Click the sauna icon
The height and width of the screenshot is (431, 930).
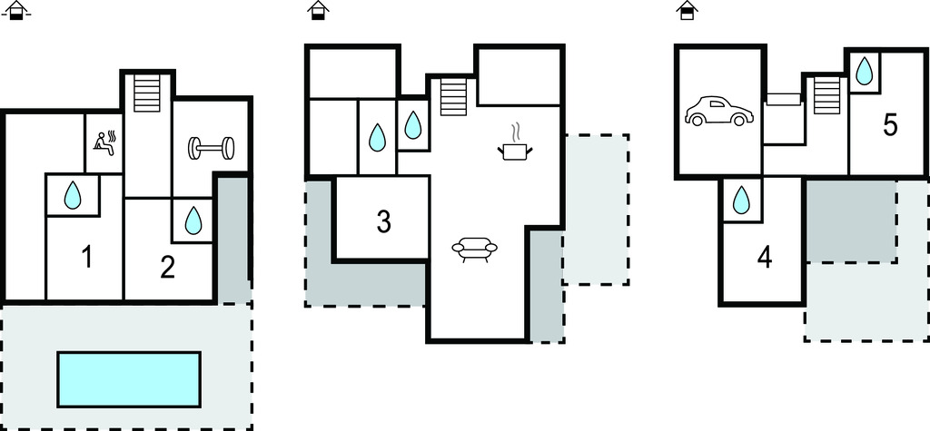pyautogui.click(x=104, y=143)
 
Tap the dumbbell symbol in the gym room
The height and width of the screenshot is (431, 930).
pyautogui.click(x=211, y=148)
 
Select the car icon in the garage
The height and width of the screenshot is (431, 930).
pyautogui.click(x=719, y=111)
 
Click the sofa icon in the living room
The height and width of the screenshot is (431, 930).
pyautogui.click(x=474, y=249)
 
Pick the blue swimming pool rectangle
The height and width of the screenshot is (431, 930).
pyautogui.click(x=129, y=379)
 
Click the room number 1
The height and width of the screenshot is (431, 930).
pyautogui.click(x=86, y=258)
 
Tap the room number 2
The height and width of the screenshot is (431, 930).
pyautogui.click(x=168, y=268)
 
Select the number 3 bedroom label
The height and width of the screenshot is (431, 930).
pyautogui.click(x=384, y=221)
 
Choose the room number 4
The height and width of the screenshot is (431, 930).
pyautogui.click(x=765, y=258)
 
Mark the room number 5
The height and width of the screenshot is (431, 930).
pyautogui.click(x=890, y=125)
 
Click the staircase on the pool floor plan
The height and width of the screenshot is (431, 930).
pyautogui.click(x=147, y=93)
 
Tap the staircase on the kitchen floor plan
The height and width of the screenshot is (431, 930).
pyautogui.click(x=453, y=97)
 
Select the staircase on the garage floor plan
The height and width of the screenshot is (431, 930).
pyautogui.click(x=826, y=95)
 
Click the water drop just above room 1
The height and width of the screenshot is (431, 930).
pyautogui.click(x=73, y=195)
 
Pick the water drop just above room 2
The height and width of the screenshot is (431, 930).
pyautogui.click(x=193, y=220)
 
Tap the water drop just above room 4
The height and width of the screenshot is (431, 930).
pyautogui.click(x=741, y=200)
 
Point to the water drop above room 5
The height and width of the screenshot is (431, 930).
pyautogui.click(x=865, y=71)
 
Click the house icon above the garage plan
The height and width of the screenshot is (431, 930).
pyautogui.click(x=687, y=10)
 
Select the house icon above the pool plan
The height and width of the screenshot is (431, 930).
pyautogui.click(x=16, y=10)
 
